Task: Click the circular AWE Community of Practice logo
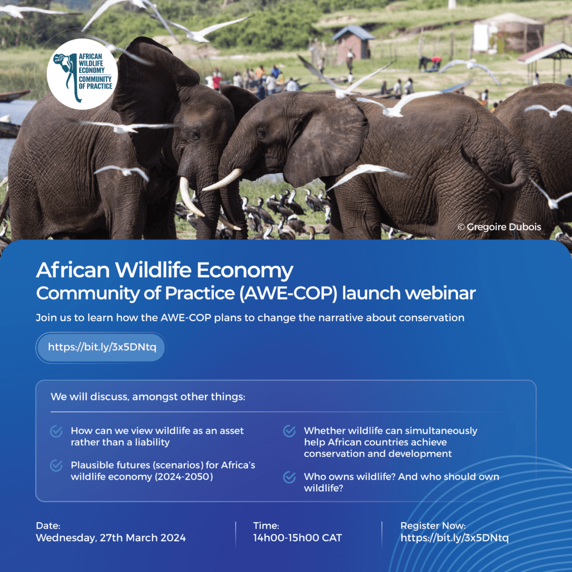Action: (x=82, y=74)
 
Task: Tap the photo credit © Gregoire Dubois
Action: (x=499, y=227)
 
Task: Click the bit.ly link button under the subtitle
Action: (x=101, y=347)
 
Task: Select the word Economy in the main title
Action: (x=245, y=270)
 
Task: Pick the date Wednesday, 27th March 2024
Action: (x=111, y=538)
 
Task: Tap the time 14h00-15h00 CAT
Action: (x=298, y=538)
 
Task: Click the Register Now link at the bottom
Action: (x=455, y=538)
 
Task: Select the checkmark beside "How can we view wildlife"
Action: (x=56, y=431)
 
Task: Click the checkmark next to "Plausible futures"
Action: (x=56, y=465)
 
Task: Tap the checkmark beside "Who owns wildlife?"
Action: (x=289, y=477)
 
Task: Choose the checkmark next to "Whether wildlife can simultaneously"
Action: (x=289, y=431)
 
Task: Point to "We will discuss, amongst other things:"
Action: (x=148, y=397)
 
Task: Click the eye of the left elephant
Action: (x=195, y=135)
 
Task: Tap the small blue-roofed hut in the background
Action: (x=352, y=42)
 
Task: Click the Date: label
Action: (x=48, y=526)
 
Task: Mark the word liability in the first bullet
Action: (x=152, y=442)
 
